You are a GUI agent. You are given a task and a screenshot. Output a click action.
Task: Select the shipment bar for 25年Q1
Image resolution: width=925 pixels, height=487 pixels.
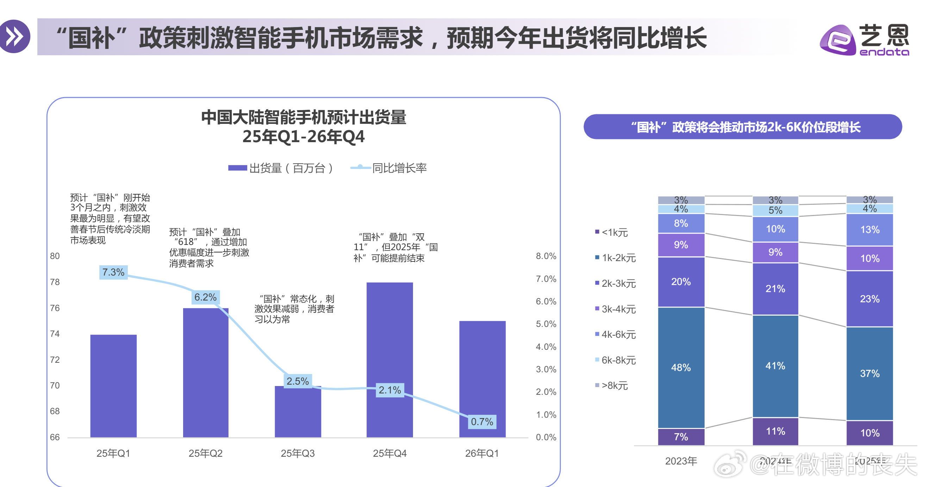click(x=113, y=386)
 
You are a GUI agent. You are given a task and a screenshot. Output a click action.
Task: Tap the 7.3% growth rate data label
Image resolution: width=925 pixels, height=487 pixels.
click(x=113, y=272)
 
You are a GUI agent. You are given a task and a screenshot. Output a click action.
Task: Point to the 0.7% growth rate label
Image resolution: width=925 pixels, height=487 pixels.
click(x=482, y=422)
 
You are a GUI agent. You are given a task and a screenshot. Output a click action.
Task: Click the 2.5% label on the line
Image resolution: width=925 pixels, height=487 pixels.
click(x=297, y=381)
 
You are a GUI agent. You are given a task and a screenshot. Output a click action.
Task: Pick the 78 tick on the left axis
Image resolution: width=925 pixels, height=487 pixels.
click(x=55, y=282)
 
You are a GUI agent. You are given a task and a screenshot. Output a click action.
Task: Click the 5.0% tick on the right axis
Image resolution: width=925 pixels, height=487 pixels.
click(x=546, y=324)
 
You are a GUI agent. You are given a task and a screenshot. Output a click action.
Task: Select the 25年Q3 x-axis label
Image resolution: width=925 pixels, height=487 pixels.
click(x=297, y=454)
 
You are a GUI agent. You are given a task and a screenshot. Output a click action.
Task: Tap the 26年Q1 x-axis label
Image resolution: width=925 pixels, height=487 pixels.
click(x=482, y=454)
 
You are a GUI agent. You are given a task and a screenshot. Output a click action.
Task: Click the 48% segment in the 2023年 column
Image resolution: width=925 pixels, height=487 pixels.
click(x=681, y=367)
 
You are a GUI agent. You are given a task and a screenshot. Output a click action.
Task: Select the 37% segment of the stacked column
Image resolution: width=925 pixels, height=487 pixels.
click(x=869, y=373)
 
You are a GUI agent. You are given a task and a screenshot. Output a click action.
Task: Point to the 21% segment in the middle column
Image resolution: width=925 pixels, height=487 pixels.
click(x=775, y=289)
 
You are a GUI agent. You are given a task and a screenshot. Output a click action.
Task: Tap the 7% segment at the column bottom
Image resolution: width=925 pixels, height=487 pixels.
click(x=681, y=437)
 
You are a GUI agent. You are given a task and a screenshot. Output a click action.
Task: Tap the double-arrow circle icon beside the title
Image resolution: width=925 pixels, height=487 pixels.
click(x=15, y=37)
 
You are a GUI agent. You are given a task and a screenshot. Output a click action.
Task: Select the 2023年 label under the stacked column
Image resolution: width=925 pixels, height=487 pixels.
click(x=681, y=461)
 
